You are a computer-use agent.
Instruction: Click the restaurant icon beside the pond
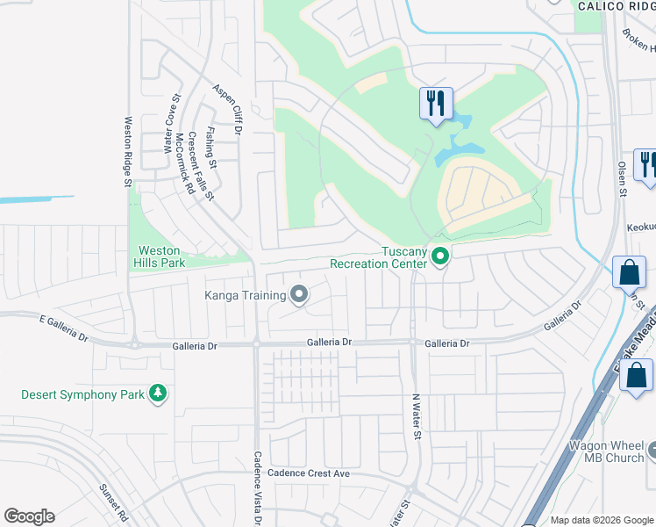click(x=436, y=104)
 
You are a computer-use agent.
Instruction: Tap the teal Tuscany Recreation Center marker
click(x=441, y=256)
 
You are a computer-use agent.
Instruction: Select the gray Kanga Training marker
click(x=299, y=294)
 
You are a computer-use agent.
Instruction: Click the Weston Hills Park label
click(x=160, y=256)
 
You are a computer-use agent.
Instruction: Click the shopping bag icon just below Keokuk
click(x=631, y=272)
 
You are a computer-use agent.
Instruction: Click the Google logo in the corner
click(x=29, y=516)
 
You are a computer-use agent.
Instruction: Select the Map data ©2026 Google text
click(x=602, y=520)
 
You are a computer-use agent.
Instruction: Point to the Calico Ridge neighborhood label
click(x=616, y=6)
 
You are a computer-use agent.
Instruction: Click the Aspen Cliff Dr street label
click(x=226, y=110)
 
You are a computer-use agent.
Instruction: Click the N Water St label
click(x=418, y=416)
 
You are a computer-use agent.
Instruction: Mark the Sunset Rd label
click(x=113, y=502)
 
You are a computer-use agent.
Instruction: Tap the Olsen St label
click(x=622, y=178)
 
